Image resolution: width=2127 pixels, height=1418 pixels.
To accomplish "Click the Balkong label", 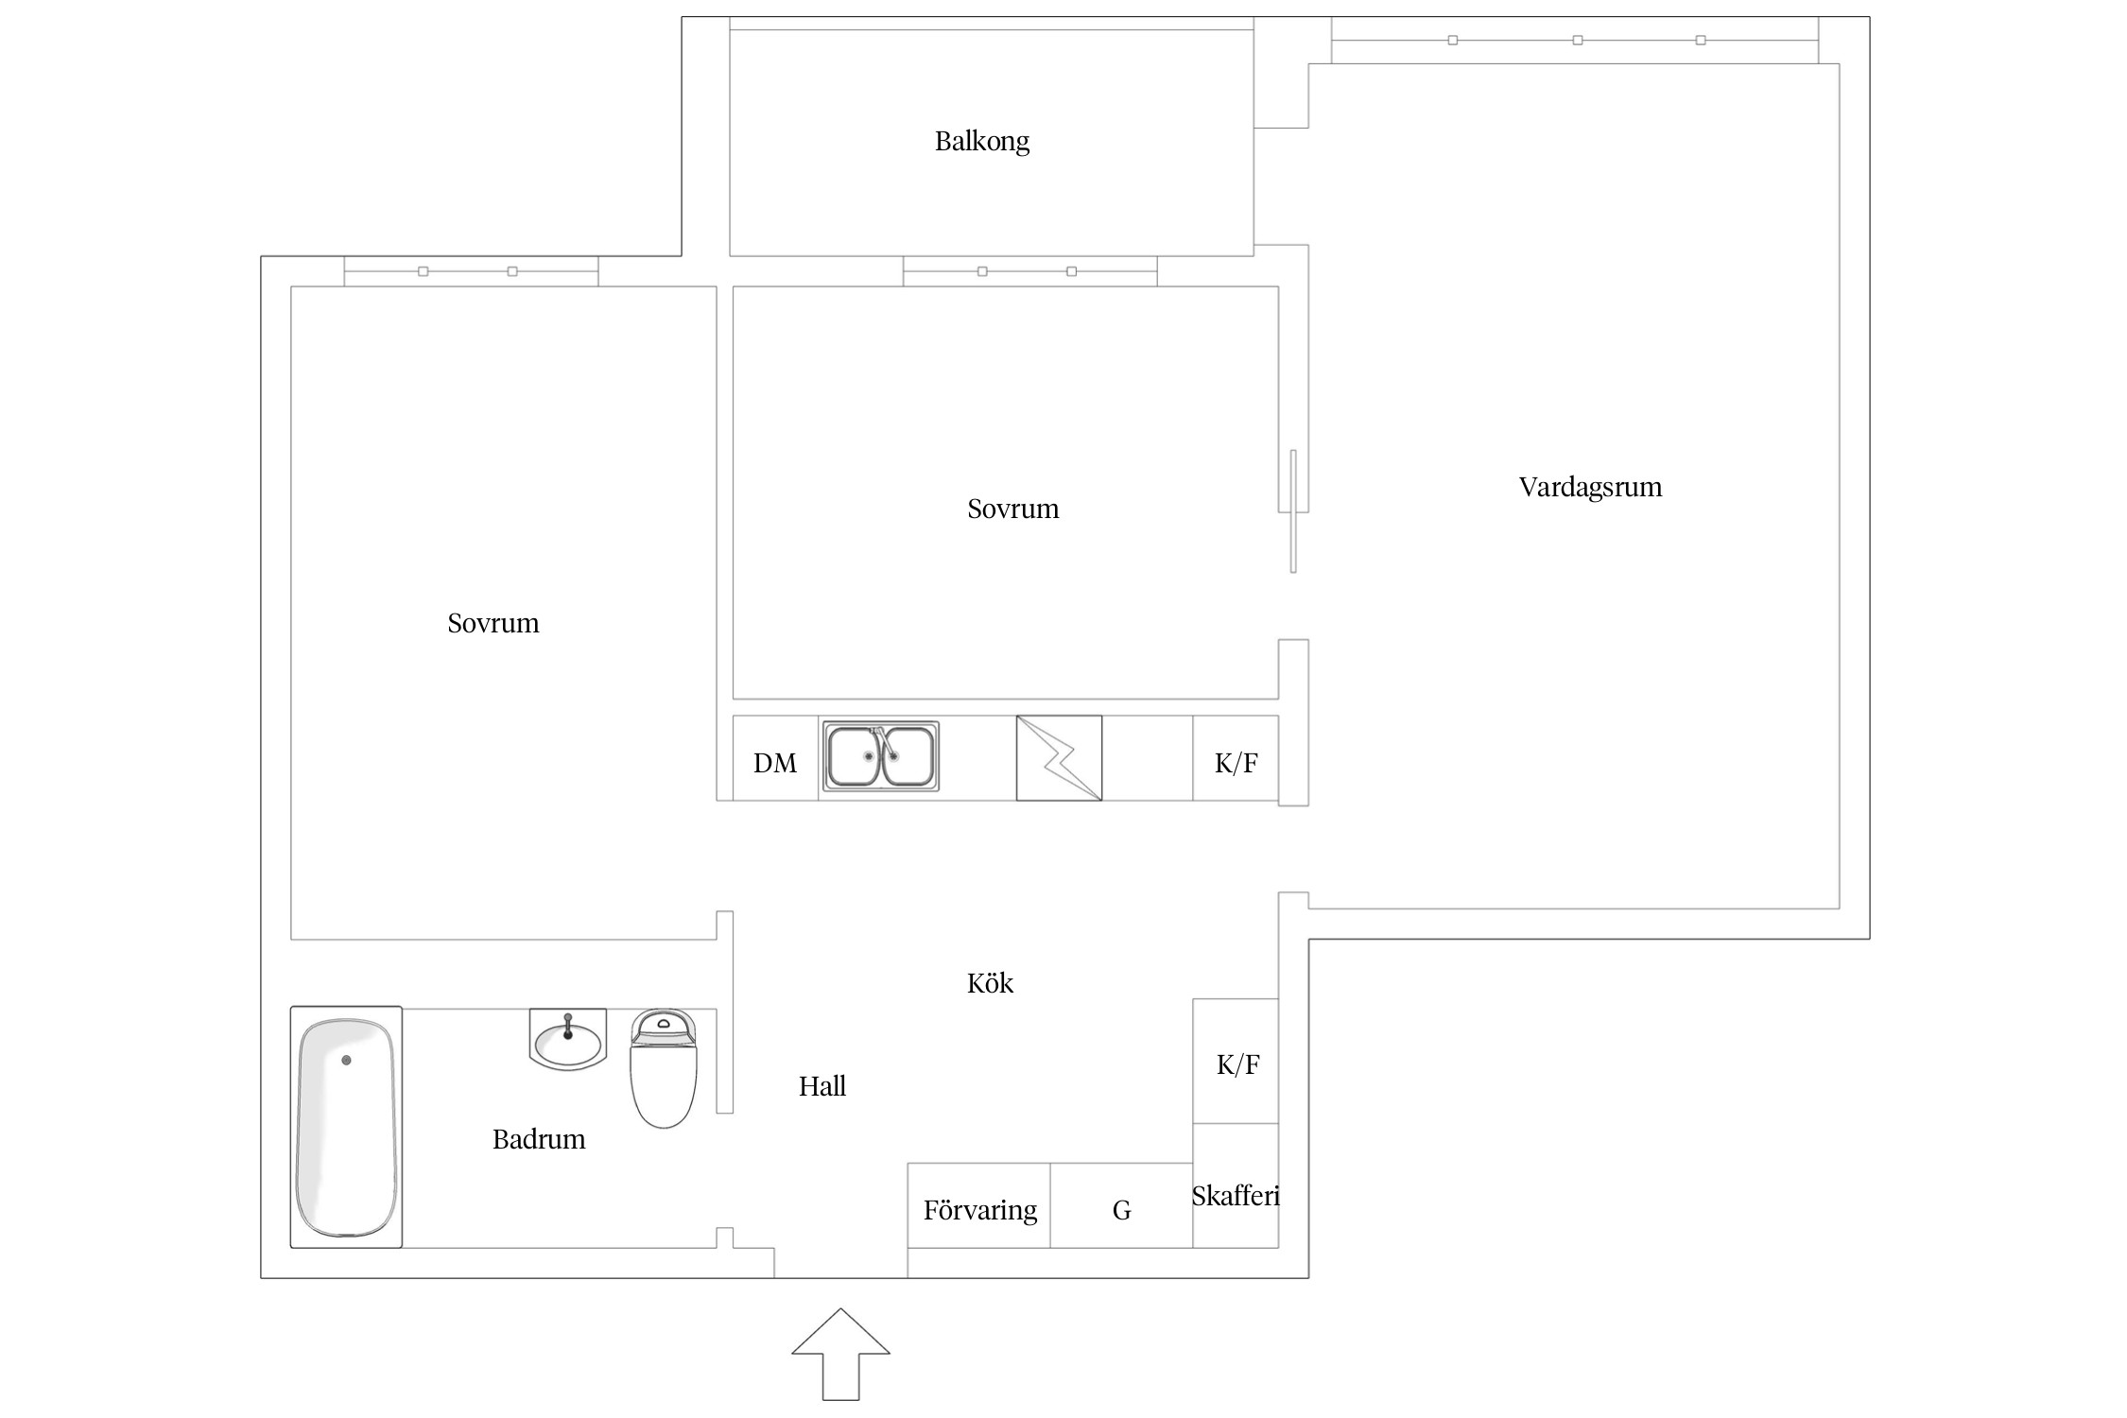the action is (x=982, y=141).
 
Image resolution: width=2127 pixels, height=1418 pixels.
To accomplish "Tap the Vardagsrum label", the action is (x=1590, y=487).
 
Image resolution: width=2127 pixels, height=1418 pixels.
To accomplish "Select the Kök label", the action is (x=990, y=983).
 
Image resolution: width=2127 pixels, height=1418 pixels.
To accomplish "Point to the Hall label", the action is (x=822, y=1086).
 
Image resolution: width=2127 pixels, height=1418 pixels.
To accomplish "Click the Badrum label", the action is (x=539, y=1139).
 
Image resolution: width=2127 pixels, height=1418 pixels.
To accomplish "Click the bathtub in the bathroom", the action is (x=346, y=1127).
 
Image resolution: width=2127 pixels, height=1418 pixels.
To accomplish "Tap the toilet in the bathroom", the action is (x=664, y=1068).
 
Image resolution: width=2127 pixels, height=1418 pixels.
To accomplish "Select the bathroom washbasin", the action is (x=567, y=1040).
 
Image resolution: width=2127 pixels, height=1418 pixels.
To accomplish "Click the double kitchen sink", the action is (x=880, y=756).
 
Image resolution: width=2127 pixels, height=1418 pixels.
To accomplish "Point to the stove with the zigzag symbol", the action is (x=1059, y=758).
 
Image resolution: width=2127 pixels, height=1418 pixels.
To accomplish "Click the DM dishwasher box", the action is (x=775, y=758).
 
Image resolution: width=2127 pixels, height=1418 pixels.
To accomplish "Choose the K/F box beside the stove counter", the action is (x=1236, y=758).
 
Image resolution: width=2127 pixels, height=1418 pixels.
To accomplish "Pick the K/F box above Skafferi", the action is (x=1236, y=1061).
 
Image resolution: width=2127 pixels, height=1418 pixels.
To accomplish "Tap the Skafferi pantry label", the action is (x=1236, y=1196).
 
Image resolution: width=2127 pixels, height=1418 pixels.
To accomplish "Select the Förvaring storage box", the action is (x=979, y=1205).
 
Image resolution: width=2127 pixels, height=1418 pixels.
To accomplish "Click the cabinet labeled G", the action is (x=1122, y=1205).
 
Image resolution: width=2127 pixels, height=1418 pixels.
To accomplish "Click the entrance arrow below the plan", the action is (x=840, y=1354).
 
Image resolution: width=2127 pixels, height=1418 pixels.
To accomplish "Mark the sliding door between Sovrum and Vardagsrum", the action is (x=1293, y=510).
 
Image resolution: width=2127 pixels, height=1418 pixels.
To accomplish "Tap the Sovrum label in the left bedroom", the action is (x=493, y=623).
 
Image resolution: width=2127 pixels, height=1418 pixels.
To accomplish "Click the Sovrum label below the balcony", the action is (x=1013, y=509).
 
